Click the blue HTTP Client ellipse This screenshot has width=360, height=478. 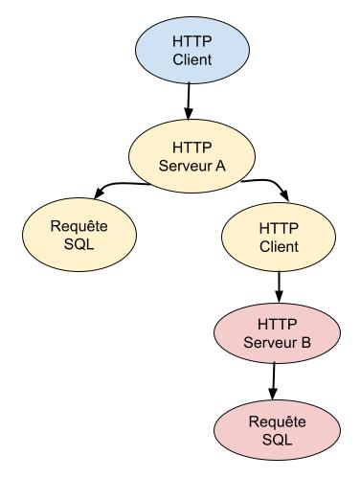coord(192,51)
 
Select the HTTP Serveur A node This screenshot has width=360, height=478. coord(191,156)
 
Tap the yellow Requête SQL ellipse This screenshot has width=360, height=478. coord(79,235)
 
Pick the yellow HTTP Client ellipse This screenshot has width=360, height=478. coord(279,237)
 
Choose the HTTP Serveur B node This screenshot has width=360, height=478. coord(277,333)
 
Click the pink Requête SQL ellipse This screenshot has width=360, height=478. coord(277,430)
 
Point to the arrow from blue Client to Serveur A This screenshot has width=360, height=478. coord(189,102)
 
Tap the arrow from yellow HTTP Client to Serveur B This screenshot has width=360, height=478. coord(279,287)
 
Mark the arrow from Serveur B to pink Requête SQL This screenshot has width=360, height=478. coord(273,381)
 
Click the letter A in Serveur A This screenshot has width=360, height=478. coord(220,166)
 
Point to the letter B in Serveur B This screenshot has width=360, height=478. coord(305,343)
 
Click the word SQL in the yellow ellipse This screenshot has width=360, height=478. coord(79,244)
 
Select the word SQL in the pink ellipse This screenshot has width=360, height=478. coord(277,440)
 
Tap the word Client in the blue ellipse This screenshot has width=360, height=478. coord(192,59)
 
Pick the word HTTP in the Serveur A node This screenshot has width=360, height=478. coord(191,148)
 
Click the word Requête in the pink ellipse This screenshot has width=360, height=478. coord(277,421)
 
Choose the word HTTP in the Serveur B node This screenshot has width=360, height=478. coord(277,325)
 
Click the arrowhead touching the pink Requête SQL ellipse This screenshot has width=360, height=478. coord(273,395)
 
